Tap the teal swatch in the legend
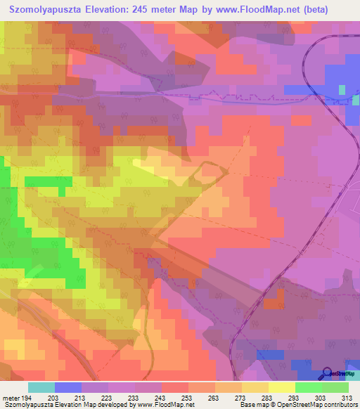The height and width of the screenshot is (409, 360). pyautogui.click(x=41, y=388)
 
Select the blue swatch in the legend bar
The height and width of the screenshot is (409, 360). pyautogui.click(x=68, y=388)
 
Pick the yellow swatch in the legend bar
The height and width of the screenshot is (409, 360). pyautogui.click(x=282, y=388)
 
